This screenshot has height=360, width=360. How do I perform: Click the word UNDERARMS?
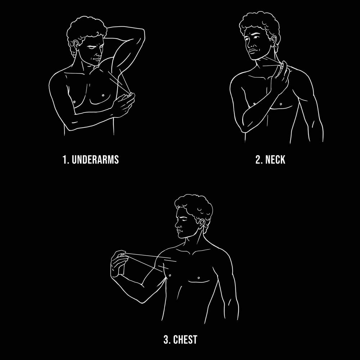[95, 159]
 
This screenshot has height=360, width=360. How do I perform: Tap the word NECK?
[275, 159]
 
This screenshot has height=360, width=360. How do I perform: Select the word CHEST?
[185, 339]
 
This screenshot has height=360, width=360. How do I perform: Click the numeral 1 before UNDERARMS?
[65, 159]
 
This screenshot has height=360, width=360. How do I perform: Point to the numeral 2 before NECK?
[258, 159]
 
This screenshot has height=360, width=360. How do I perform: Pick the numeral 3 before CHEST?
[166, 339]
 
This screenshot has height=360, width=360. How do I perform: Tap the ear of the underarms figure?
[76, 45]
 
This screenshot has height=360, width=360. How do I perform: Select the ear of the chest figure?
[201, 224]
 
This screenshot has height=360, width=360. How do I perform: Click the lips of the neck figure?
[253, 51]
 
